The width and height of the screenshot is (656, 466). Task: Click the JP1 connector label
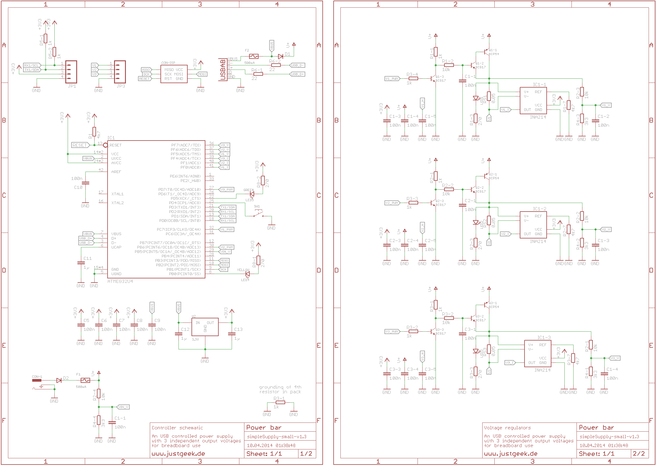pos(72,86)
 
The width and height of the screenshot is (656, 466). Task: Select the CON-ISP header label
pos(168,63)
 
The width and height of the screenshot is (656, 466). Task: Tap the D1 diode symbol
pos(280,56)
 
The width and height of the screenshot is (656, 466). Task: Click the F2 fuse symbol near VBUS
pos(254,56)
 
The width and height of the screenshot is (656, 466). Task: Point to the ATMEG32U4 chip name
pos(120,281)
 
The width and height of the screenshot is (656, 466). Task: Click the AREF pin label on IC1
pos(116,172)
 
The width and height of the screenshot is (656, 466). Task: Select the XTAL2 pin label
pos(117,203)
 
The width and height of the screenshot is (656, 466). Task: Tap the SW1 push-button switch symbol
pos(259,214)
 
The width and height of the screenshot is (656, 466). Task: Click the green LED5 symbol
pos(252,194)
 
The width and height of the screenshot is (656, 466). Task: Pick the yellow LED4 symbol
pos(247,274)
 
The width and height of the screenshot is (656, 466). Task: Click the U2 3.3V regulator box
pos(205,327)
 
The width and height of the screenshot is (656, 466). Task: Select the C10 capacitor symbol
pos(85,183)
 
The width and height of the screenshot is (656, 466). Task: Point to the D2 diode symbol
pos(59,380)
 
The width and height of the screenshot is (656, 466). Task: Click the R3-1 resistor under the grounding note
pos(280,402)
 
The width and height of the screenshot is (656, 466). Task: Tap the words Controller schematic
pos(177,428)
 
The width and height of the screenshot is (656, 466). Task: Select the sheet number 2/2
pos(639,454)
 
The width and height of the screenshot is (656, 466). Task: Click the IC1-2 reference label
pos(540,209)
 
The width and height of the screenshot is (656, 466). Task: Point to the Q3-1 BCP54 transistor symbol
pos(486,304)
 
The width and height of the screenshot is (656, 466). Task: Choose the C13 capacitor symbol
pos(232,334)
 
